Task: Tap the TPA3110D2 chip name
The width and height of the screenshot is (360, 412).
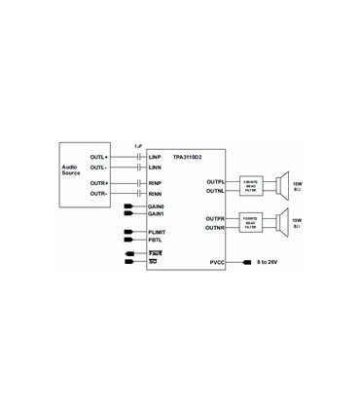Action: coord(187,156)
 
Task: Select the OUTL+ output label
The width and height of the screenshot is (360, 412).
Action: coord(98,157)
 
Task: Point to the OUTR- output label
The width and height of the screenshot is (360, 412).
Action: coord(98,192)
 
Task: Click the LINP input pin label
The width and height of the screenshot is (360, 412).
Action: coord(155,156)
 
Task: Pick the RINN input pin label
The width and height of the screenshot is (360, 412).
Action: coord(155,193)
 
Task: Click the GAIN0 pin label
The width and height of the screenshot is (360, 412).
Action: coord(158,206)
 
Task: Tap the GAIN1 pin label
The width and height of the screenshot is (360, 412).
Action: coord(158,214)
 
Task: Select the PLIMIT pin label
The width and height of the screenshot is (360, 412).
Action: coord(159,232)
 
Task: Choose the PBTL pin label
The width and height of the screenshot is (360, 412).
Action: coord(156,240)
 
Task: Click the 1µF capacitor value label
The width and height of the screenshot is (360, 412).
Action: coord(139,145)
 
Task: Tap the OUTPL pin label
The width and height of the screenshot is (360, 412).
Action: coord(215,182)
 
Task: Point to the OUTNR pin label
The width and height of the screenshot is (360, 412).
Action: coord(215,227)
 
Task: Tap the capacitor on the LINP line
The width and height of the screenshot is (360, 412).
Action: coord(139,157)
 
